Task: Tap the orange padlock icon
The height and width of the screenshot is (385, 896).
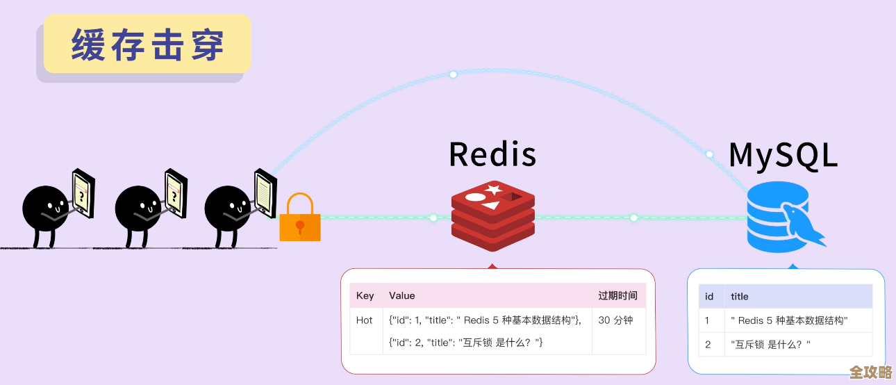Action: click(300, 219)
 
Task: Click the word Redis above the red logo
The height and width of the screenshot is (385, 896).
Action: click(492, 154)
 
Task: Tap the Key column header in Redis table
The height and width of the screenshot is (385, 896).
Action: click(365, 295)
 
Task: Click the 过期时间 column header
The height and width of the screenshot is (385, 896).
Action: click(617, 295)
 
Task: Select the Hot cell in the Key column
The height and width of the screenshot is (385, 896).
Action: click(365, 320)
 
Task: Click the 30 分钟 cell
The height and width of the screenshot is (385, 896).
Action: click(615, 320)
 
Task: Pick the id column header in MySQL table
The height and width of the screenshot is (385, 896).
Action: click(709, 296)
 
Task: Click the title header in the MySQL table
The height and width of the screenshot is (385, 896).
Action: click(740, 296)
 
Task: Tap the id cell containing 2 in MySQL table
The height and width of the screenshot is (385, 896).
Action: click(708, 344)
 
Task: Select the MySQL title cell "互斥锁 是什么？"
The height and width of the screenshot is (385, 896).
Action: click(771, 344)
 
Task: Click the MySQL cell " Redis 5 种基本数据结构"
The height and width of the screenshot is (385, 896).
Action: click(789, 320)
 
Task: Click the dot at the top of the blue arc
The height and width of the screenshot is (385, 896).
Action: click(453, 74)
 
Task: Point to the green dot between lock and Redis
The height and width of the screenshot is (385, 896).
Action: click(433, 218)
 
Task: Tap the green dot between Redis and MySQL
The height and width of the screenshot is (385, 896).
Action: click(633, 218)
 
